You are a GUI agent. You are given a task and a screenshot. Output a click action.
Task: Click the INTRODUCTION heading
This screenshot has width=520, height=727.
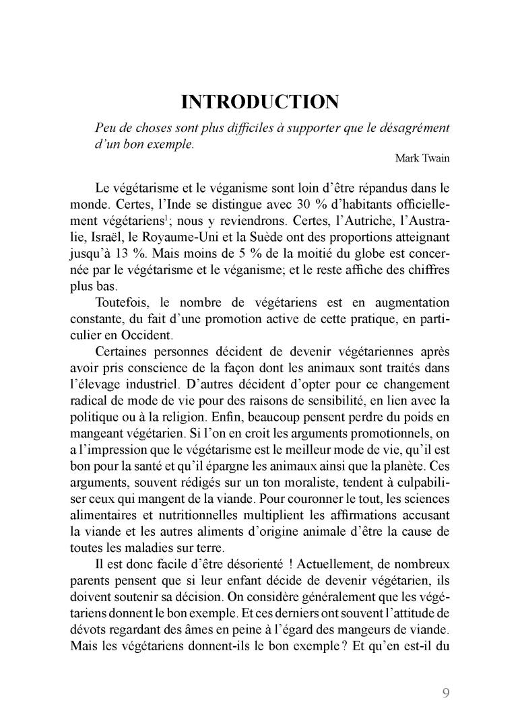(260, 102)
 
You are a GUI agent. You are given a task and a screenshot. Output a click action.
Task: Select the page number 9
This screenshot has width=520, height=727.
(447, 693)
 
